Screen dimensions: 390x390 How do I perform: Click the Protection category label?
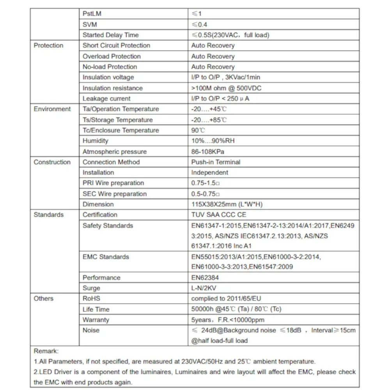coord(48,46)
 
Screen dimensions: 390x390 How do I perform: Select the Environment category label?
coord(52,109)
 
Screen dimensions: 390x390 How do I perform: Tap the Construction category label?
coord(52,162)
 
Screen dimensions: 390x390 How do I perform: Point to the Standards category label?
coord(48,215)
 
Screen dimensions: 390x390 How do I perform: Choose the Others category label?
coord(43,299)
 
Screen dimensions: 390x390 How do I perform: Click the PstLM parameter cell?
coord(92,14)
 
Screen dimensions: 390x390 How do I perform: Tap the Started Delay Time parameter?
coord(110,35)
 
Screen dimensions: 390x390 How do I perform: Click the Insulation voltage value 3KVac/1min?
coord(225,78)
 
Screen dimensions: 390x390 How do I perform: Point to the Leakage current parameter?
coord(106,99)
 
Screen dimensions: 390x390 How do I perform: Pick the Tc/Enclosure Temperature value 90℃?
coord(198,131)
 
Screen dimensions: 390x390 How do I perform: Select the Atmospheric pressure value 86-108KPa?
coord(208,152)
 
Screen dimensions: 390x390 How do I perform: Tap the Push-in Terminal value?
coord(216,162)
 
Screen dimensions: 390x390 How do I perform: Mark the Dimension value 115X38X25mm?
coord(226,204)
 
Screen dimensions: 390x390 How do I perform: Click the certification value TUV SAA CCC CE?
coord(219,215)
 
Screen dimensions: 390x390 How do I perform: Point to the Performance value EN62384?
coord(205,278)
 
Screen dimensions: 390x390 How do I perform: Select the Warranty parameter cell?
coord(96,320)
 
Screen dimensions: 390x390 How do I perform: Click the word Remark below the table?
coord(46,351)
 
